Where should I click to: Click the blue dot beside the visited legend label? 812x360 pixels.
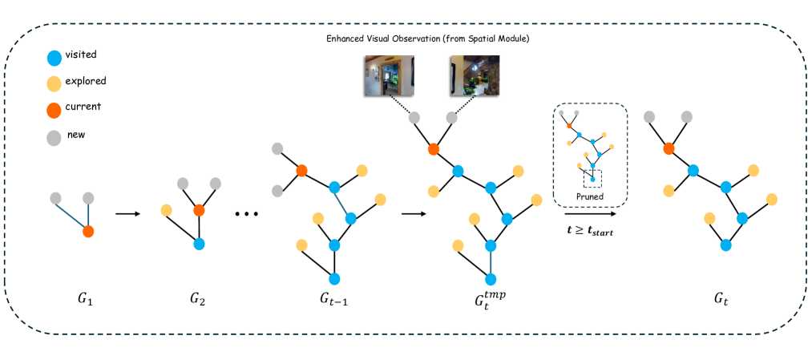tap(54, 59)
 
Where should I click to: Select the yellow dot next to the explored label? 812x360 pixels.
tap(54, 83)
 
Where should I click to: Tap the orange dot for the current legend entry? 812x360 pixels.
tap(54, 108)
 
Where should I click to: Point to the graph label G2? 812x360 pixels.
tap(197, 301)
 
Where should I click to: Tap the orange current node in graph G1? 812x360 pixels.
tap(88, 232)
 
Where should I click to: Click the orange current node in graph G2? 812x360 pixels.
tap(200, 210)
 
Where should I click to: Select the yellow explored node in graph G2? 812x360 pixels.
tap(167, 211)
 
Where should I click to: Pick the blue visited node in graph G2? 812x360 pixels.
tap(200, 243)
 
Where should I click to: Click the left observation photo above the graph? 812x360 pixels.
tap(388, 76)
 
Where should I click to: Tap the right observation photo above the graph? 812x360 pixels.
tap(474, 76)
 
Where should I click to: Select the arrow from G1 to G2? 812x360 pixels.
tap(127, 214)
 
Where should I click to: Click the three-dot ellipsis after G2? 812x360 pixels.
tap(247, 215)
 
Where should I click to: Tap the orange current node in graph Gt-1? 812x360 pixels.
tap(302, 171)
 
